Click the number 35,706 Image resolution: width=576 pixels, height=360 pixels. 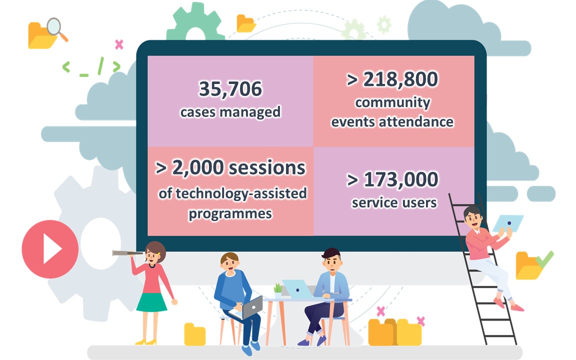point(230,89)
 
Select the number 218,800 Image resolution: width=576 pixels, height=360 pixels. point(400,79)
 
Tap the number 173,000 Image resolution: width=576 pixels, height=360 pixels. point(401,179)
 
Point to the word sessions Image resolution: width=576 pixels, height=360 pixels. point(266,168)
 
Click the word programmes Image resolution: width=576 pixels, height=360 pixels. point(230,214)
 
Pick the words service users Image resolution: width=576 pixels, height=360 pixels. point(394,203)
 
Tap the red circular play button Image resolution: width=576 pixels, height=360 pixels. point(50,249)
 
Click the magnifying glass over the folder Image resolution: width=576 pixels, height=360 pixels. point(56,28)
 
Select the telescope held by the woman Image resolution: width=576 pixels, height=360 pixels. point(128,252)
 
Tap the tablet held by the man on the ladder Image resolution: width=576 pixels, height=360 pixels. point(508,223)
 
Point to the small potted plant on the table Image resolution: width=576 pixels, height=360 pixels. point(278,290)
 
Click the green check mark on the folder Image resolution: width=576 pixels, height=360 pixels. point(544,259)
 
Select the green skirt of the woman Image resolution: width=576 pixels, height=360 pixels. point(151,302)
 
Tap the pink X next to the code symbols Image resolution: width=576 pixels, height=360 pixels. point(119,44)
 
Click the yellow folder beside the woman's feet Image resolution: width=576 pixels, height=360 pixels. point(194,334)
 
